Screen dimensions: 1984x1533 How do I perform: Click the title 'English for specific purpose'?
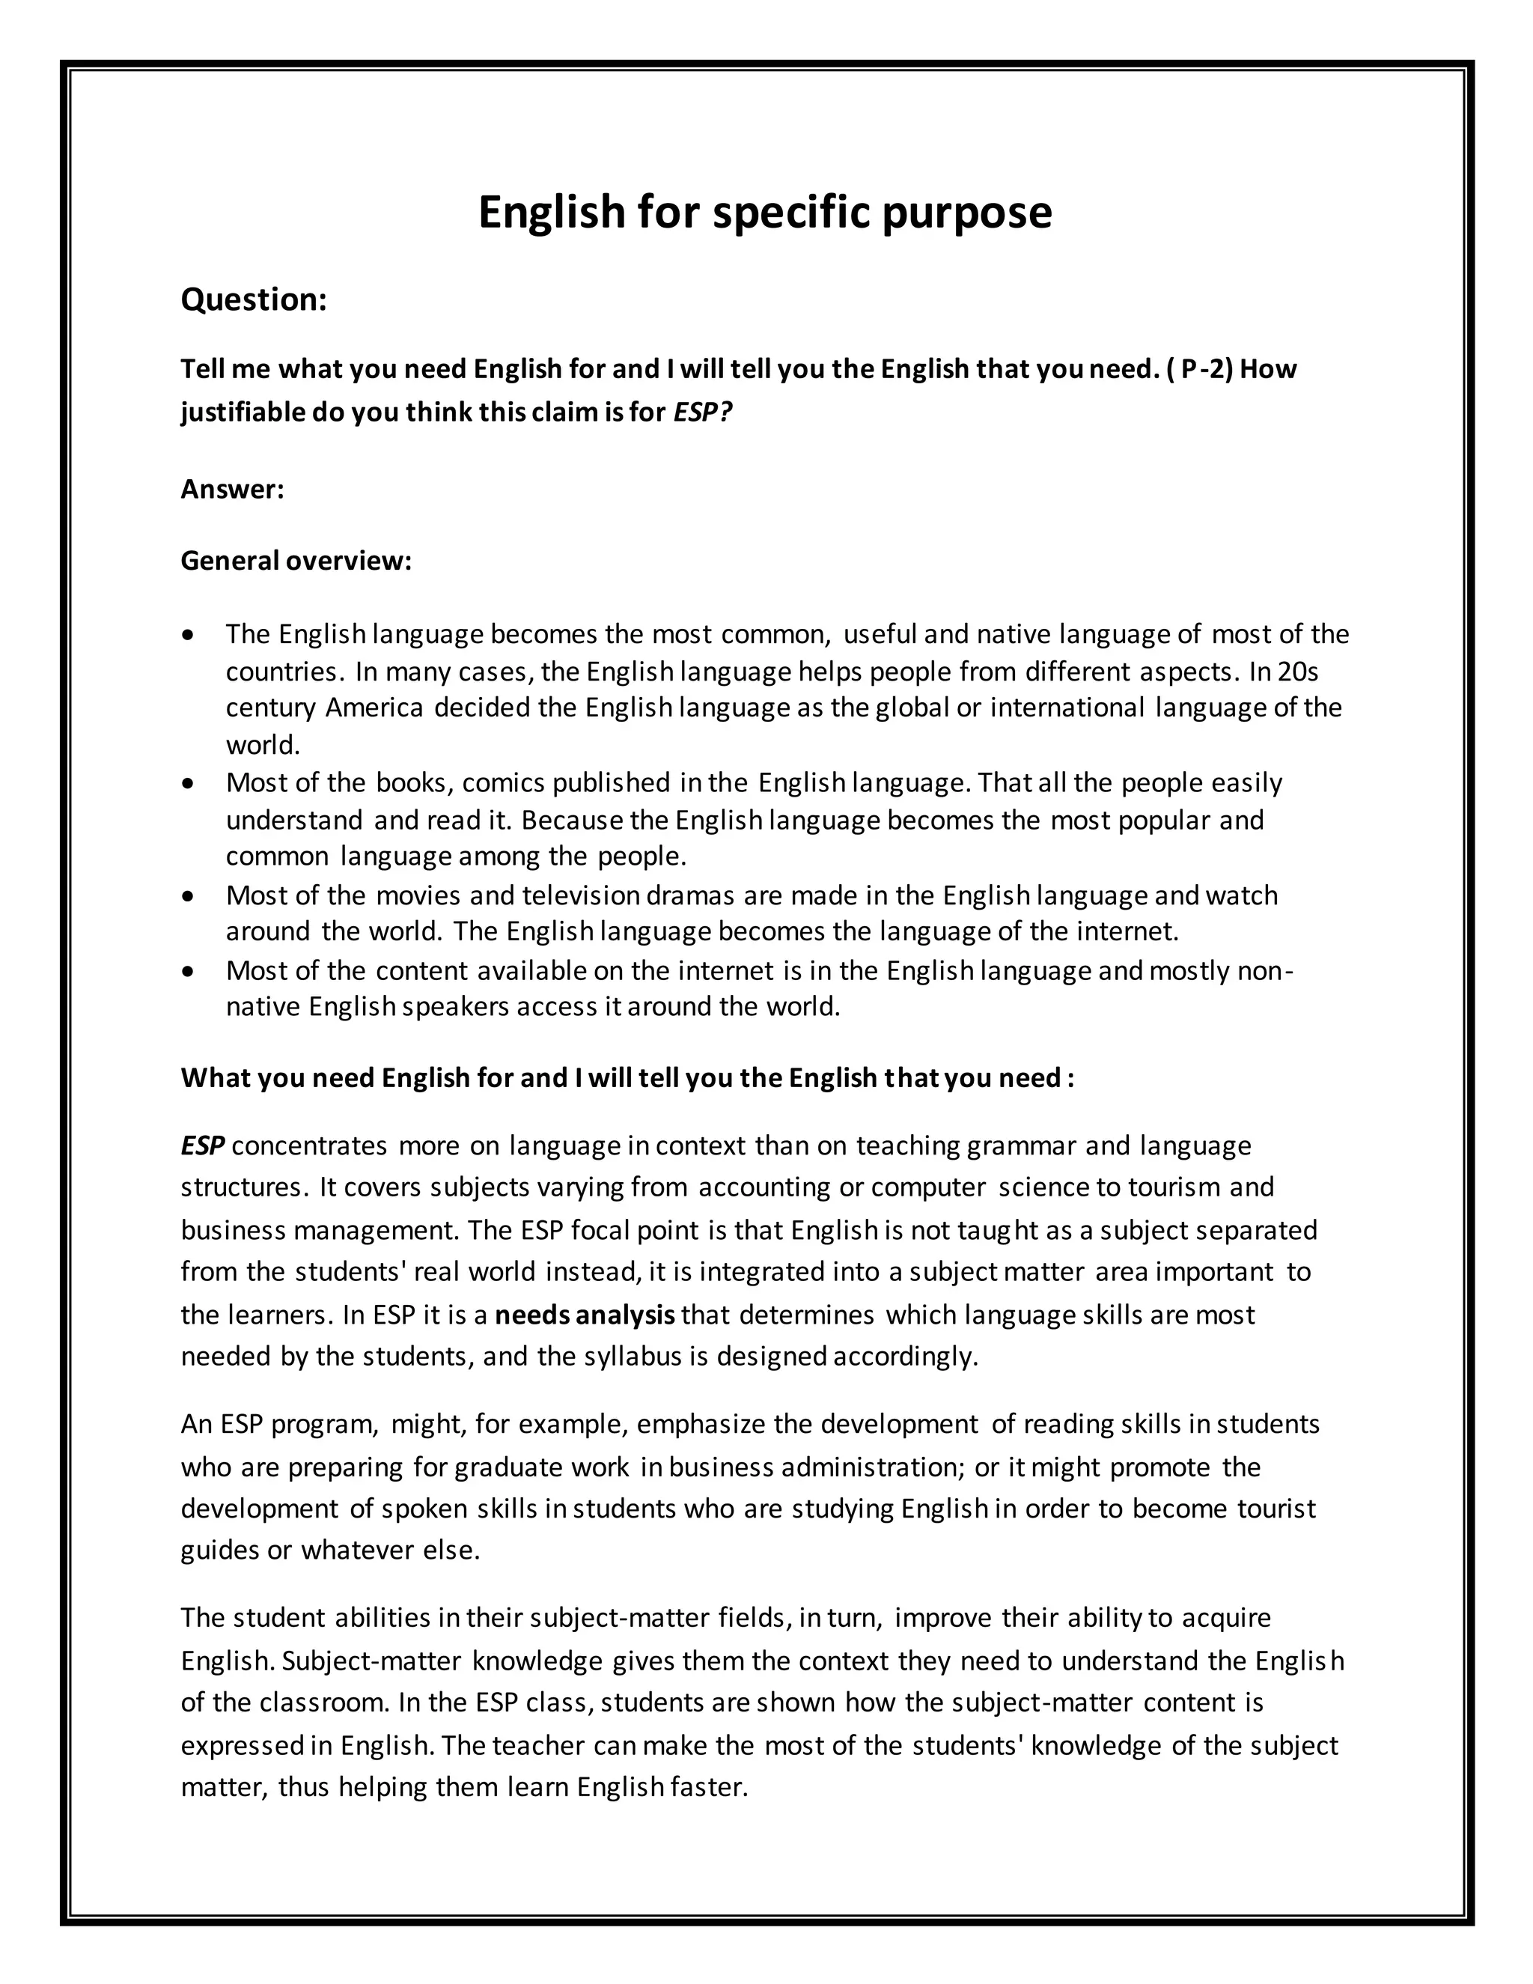[x=765, y=213]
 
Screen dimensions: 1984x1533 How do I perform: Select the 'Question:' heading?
[x=254, y=299]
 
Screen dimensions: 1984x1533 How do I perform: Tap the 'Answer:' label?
[x=233, y=490]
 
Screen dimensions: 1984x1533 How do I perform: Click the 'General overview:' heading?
[x=296, y=561]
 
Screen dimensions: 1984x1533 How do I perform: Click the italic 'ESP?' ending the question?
[x=702, y=413]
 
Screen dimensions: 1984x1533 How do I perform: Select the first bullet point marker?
[x=188, y=634]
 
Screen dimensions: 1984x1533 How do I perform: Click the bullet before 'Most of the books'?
[x=188, y=782]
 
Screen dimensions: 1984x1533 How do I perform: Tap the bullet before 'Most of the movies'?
[x=188, y=895]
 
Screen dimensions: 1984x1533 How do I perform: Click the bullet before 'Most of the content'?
[x=188, y=971]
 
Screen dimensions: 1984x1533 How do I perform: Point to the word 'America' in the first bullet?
[x=374, y=708]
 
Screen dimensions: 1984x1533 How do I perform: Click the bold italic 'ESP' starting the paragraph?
[x=203, y=1145]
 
